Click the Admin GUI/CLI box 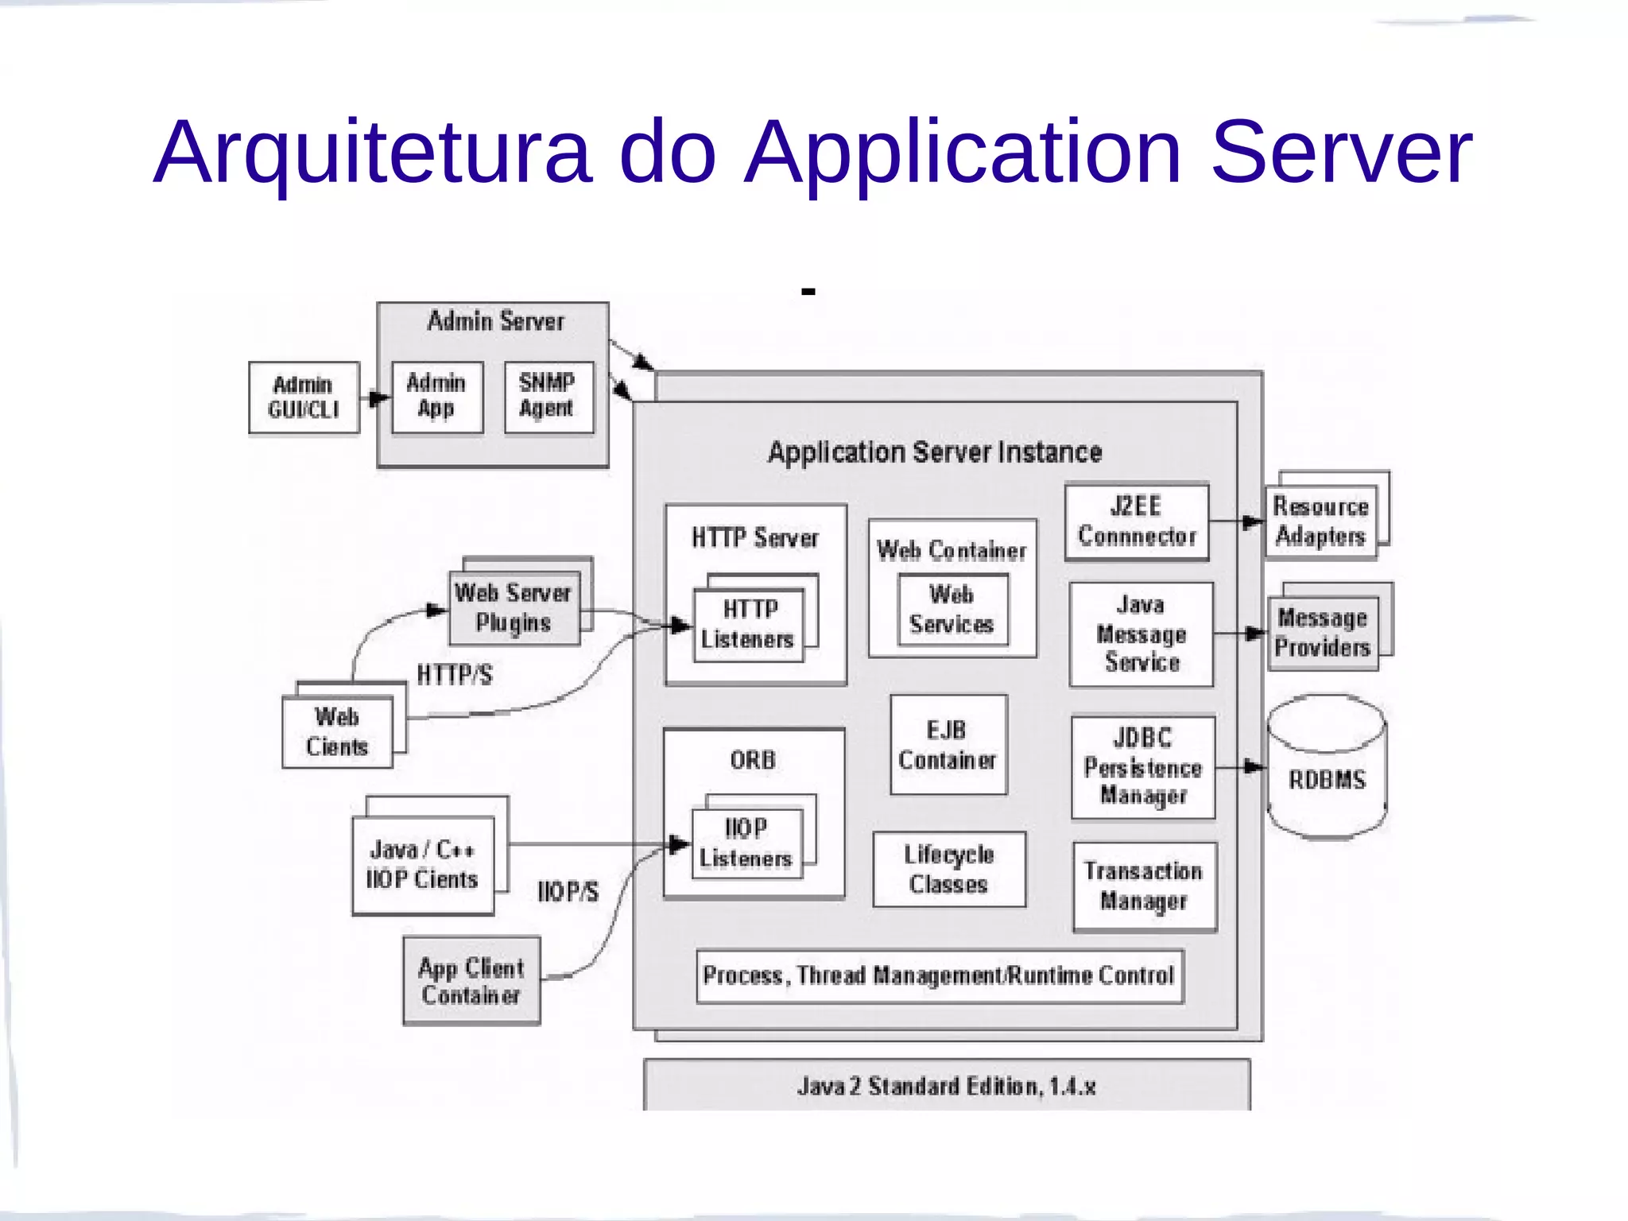[x=304, y=397]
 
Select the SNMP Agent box [x=548, y=397]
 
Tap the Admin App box [x=436, y=397]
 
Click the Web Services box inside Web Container [x=952, y=610]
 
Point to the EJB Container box [x=948, y=745]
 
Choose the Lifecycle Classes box [x=949, y=869]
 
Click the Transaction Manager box [x=1144, y=886]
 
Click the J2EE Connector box [x=1137, y=521]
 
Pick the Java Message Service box [x=1142, y=634]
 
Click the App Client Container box [x=471, y=981]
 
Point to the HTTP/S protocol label [x=455, y=675]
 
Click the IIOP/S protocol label [x=568, y=891]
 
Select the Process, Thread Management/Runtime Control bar [x=940, y=975]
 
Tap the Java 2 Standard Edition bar [x=946, y=1086]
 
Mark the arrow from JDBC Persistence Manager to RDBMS [x=1241, y=767]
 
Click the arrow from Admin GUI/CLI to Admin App [x=375, y=397]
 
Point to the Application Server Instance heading [x=935, y=452]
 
